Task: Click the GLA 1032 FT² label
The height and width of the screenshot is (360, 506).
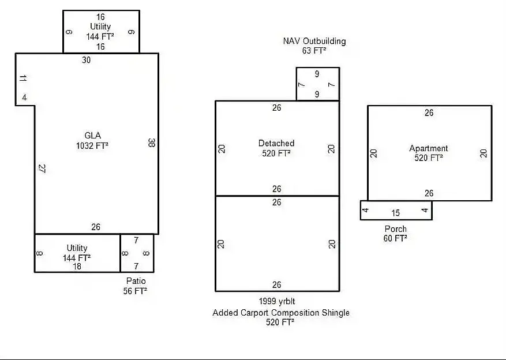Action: [x=92, y=141]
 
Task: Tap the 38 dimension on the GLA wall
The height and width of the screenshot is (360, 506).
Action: [x=151, y=142]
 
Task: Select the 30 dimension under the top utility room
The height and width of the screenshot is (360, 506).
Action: [x=86, y=60]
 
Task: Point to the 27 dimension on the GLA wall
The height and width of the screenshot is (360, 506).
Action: [x=42, y=168]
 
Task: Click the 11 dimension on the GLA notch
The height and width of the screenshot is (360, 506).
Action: [x=23, y=78]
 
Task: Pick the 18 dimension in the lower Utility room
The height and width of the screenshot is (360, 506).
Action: [x=77, y=267]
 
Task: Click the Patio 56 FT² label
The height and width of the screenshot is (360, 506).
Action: [x=136, y=286]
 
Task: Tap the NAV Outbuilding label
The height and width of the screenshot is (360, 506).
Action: [x=314, y=42]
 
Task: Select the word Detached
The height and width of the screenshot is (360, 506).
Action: [x=276, y=143]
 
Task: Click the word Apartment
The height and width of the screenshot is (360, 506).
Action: [x=429, y=148]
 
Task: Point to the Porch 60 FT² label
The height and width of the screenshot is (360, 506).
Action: [x=395, y=234]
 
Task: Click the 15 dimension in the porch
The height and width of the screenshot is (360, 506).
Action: [x=396, y=213]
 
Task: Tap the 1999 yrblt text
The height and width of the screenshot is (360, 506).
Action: [x=277, y=301]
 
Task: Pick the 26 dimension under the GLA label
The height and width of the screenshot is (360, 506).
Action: [x=96, y=227]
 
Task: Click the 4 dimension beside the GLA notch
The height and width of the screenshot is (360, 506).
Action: [x=25, y=97]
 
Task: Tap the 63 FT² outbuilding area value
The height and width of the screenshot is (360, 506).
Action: [x=314, y=51]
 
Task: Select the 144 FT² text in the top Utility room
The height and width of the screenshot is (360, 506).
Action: [x=100, y=36]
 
